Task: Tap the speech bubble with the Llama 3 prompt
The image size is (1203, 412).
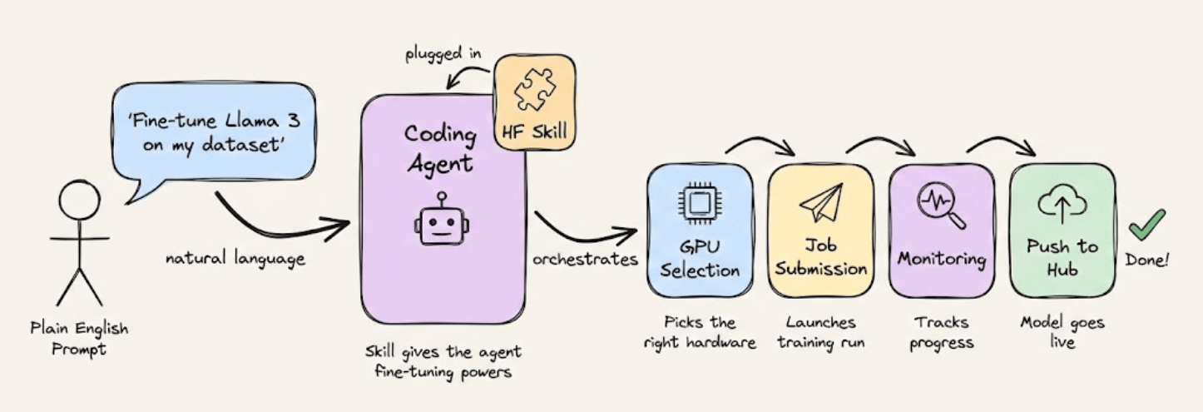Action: tap(212, 137)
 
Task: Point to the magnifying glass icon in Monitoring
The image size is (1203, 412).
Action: tap(941, 205)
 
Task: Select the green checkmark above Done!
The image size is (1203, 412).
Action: tap(1146, 224)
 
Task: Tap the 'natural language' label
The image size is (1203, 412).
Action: tap(235, 259)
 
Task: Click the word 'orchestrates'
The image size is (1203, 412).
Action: tap(585, 259)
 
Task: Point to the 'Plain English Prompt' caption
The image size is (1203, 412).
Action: tap(79, 338)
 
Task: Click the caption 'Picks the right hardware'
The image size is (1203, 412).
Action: tap(700, 332)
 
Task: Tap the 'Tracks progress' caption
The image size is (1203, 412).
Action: tap(941, 332)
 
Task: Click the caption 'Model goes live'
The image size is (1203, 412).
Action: tap(1062, 332)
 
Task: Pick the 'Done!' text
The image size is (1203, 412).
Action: tap(1147, 261)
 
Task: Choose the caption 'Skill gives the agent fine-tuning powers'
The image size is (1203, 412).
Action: tap(443, 361)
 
